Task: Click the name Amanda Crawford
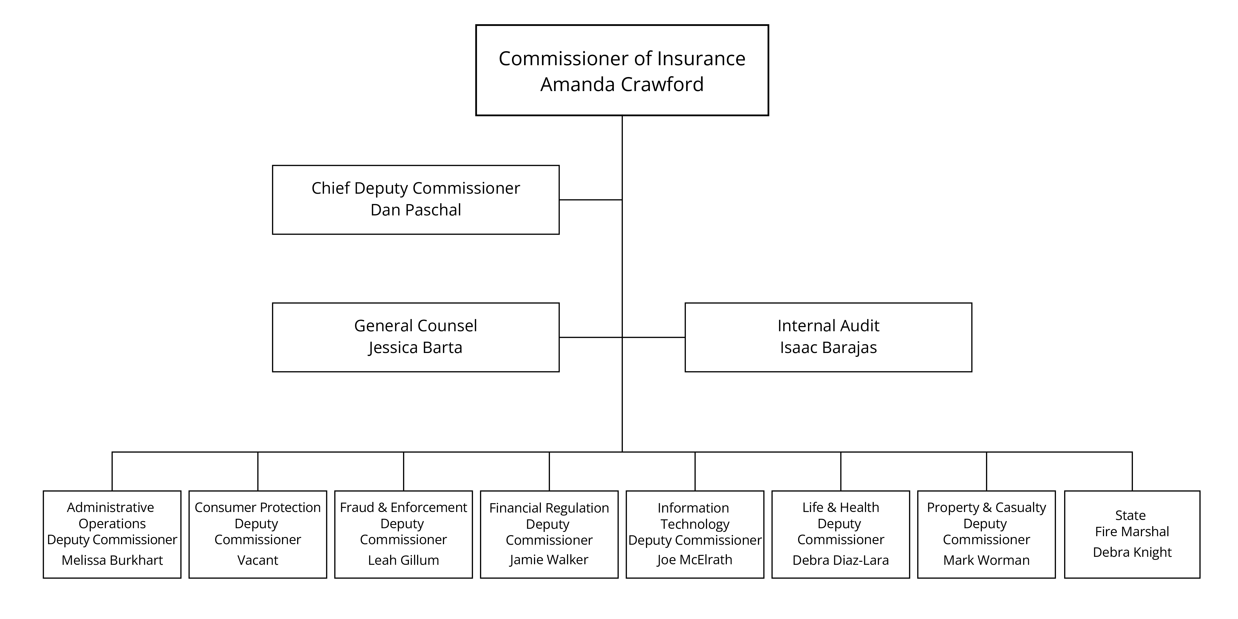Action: pyautogui.click(x=622, y=84)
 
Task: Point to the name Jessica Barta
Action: pyautogui.click(x=415, y=347)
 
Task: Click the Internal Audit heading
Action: pyautogui.click(x=828, y=326)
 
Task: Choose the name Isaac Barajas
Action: pyautogui.click(x=828, y=347)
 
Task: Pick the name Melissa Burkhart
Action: pyautogui.click(x=112, y=560)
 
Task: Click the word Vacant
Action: pyautogui.click(x=258, y=560)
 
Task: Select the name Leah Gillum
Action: pyautogui.click(x=403, y=560)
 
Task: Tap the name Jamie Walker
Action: pyautogui.click(x=549, y=560)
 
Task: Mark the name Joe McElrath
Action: pyautogui.click(x=694, y=560)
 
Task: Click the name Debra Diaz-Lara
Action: pyautogui.click(x=840, y=560)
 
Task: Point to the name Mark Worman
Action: pyautogui.click(x=986, y=560)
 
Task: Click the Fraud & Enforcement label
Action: pyautogui.click(x=403, y=508)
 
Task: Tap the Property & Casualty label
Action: pyautogui.click(x=986, y=508)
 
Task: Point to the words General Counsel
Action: pyautogui.click(x=415, y=326)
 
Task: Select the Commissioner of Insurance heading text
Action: pyautogui.click(x=622, y=59)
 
